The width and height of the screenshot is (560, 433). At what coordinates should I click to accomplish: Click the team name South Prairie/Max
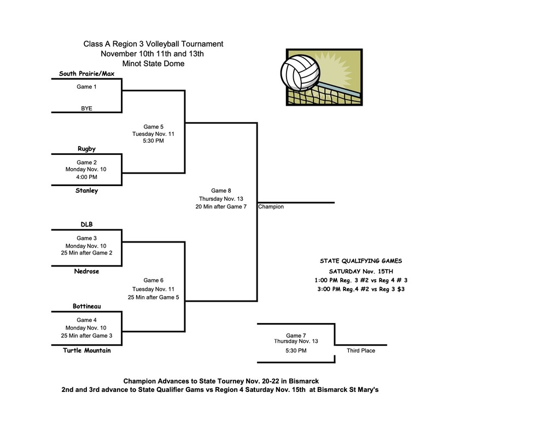pyautogui.click(x=86, y=73)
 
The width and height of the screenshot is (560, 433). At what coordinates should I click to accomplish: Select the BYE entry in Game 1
pyautogui.click(x=86, y=108)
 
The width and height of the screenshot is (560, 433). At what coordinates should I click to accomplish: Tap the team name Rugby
pyautogui.click(x=86, y=148)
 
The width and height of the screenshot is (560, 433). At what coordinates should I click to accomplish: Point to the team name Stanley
pyautogui.click(x=86, y=191)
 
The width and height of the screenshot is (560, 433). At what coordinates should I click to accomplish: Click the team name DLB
pyautogui.click(x=86, y=224)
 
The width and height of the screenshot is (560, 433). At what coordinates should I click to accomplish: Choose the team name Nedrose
pyautogui.click(x=86, y=271)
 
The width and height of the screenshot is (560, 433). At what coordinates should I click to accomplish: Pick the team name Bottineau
pyautogui.click(x=86, y=306)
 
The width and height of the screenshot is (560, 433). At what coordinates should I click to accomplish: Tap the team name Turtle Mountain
pyautogui.click(x=86, y=350)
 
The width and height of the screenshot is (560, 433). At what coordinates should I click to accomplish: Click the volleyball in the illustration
pyautogui.click(x=300, y=72)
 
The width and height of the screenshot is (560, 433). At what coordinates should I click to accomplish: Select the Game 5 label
pyautogui.click(x=153, y=126)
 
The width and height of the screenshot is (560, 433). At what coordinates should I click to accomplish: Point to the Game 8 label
pyautogui.click(x=221, y=190)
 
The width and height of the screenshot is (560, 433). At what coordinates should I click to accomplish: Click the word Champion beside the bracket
pyautogui.click(x=271, y=207)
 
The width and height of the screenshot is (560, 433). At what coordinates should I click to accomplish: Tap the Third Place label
pyautogui.click(x=361, y=350)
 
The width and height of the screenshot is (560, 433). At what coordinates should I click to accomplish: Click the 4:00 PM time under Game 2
pyautogui.click(x=86, y=177)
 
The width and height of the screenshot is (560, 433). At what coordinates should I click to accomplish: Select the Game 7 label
pyautogui.click(x=296, y=336)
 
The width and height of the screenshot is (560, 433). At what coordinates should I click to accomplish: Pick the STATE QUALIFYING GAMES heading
pyautogui.click(x=360, y=261)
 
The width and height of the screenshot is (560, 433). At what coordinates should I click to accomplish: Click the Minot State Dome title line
pyautogui.click(x=153, y=63)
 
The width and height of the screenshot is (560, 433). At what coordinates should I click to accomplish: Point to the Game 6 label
pyautogui.click(x=153, y=280)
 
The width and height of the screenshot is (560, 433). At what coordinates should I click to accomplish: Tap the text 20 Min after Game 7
pyautogui.click(x=221, y=206)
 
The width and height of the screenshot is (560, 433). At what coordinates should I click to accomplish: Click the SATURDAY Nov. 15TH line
pyautogui.click(x=360, y=271)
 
